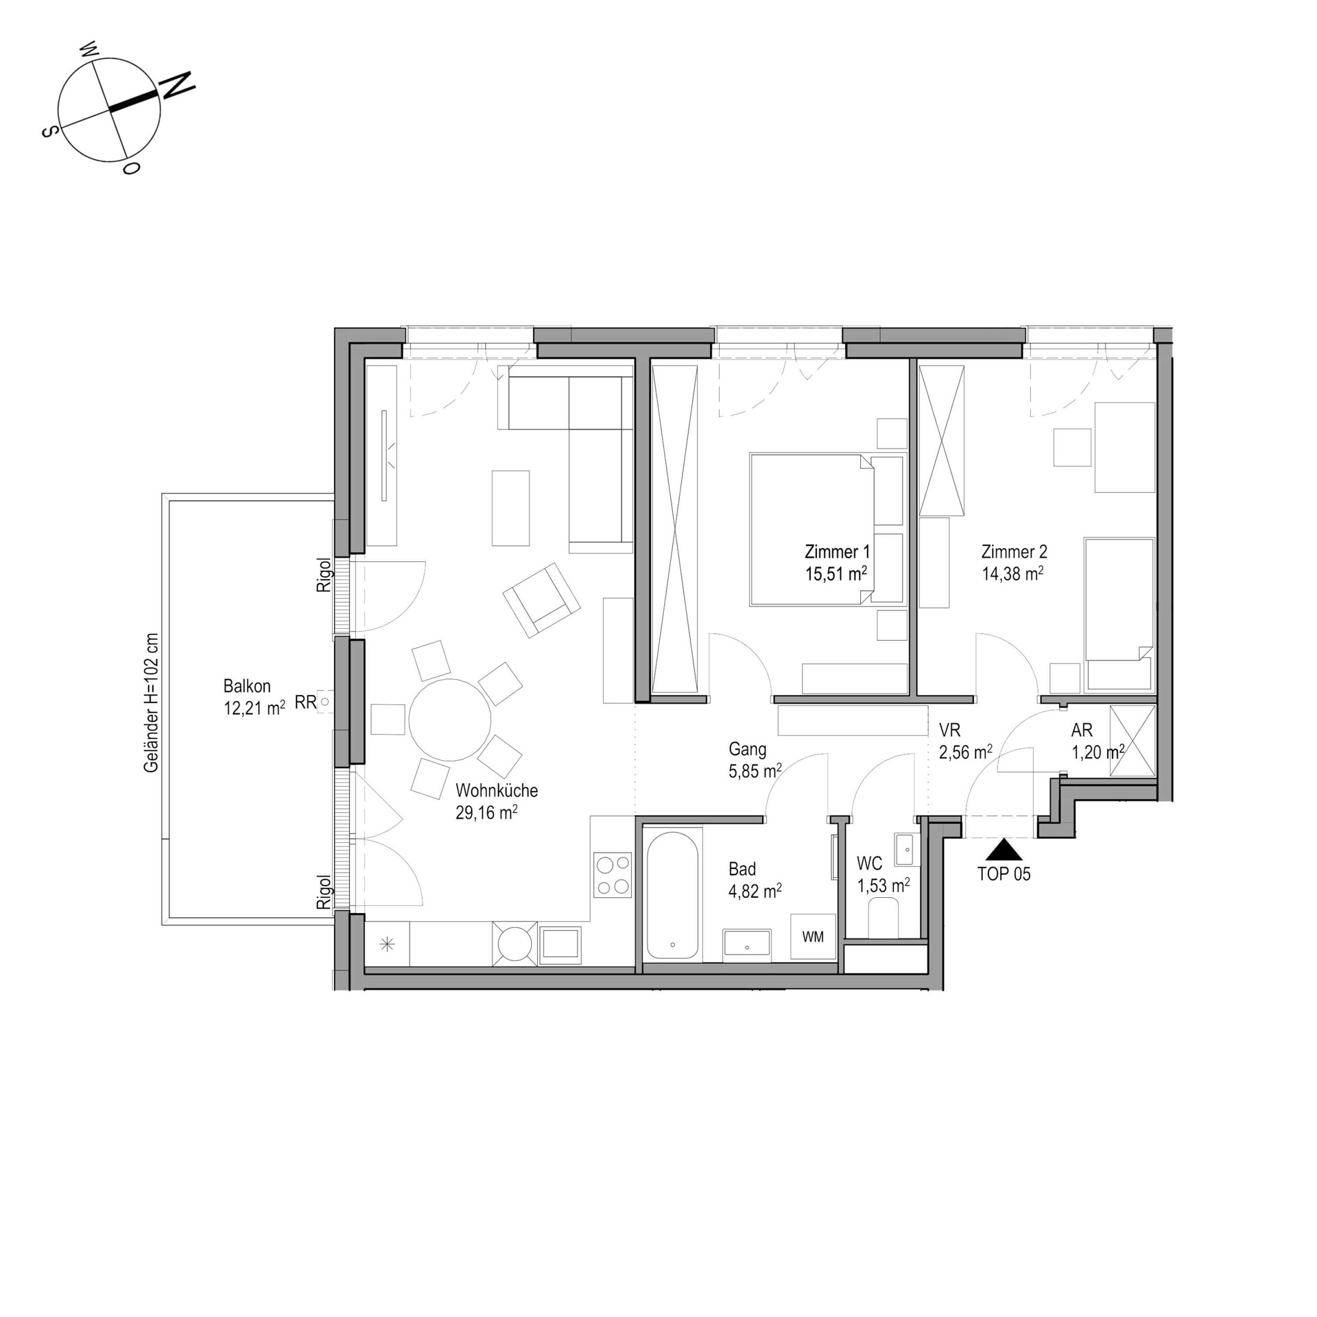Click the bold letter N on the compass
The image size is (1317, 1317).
tap(176, 85)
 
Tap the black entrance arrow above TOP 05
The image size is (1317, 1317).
tap(1004, 850)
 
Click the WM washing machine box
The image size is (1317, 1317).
tap(813, 936)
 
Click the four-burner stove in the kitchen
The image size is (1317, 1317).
tap(613, 875)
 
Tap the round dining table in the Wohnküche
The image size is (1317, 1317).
tap(450, 720)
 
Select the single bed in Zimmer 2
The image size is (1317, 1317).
tap(1119, 614)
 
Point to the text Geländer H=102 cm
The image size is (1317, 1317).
tap(151, 702)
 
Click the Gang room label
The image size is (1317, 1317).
tap(748, 749)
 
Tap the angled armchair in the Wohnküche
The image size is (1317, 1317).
tap(542, 600)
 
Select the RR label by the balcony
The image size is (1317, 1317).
tap(305, 702)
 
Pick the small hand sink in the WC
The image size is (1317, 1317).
tap(903, 850)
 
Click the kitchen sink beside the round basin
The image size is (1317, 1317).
tap(560, 945)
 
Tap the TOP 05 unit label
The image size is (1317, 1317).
tap(1004, 874)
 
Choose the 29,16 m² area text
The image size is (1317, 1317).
tap(486, 813)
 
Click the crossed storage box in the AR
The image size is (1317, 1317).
tap(1133, 741)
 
